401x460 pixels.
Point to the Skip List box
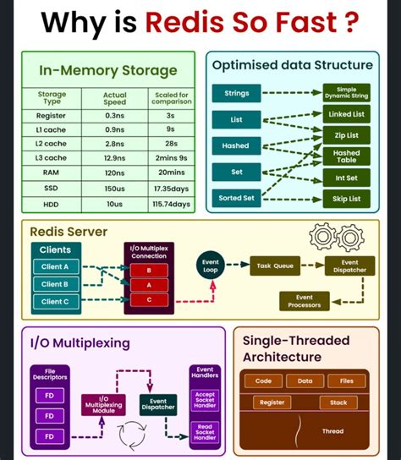pos(346,199)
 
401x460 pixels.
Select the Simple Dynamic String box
pos(346,92)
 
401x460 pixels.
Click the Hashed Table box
pos(346,156)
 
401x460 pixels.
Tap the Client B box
pos(55,284)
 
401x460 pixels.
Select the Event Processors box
pos(305,301)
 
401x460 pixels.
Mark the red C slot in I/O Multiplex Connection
pos(150,299)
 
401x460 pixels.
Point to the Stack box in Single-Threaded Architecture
pos(338,402)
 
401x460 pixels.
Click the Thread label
pos(333,431)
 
